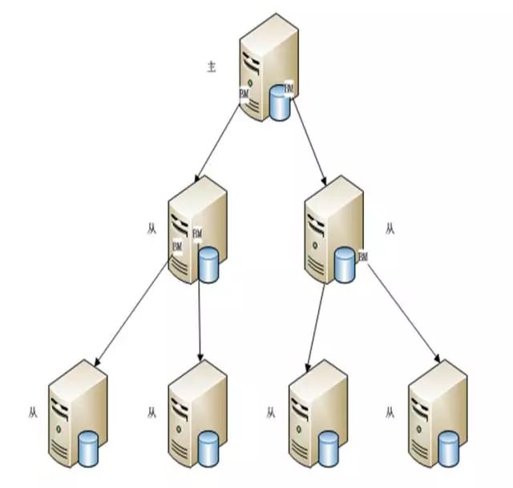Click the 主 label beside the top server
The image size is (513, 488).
click(212, 67)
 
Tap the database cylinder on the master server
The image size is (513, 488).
click(280, 103)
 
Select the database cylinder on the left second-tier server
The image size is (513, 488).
click(208, 266)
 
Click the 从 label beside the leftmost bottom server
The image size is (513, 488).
click(32, 413)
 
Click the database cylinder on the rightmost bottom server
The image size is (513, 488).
click(448, 449)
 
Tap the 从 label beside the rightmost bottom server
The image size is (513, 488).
click(390, 413)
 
